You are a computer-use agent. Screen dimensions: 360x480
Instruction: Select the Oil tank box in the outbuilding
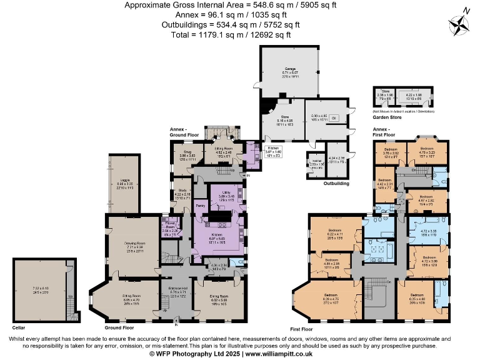(334, 117)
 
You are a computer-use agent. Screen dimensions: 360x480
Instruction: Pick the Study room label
(182, 192)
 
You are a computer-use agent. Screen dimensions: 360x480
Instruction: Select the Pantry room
(201, 205)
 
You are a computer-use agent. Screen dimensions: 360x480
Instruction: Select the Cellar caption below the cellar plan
(19, 327)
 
